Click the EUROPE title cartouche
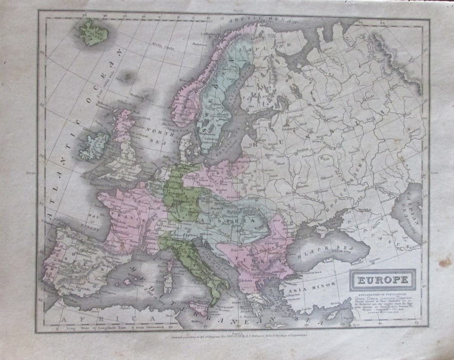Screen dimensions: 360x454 coord(383,280)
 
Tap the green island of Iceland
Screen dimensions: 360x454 coord(94,32)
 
